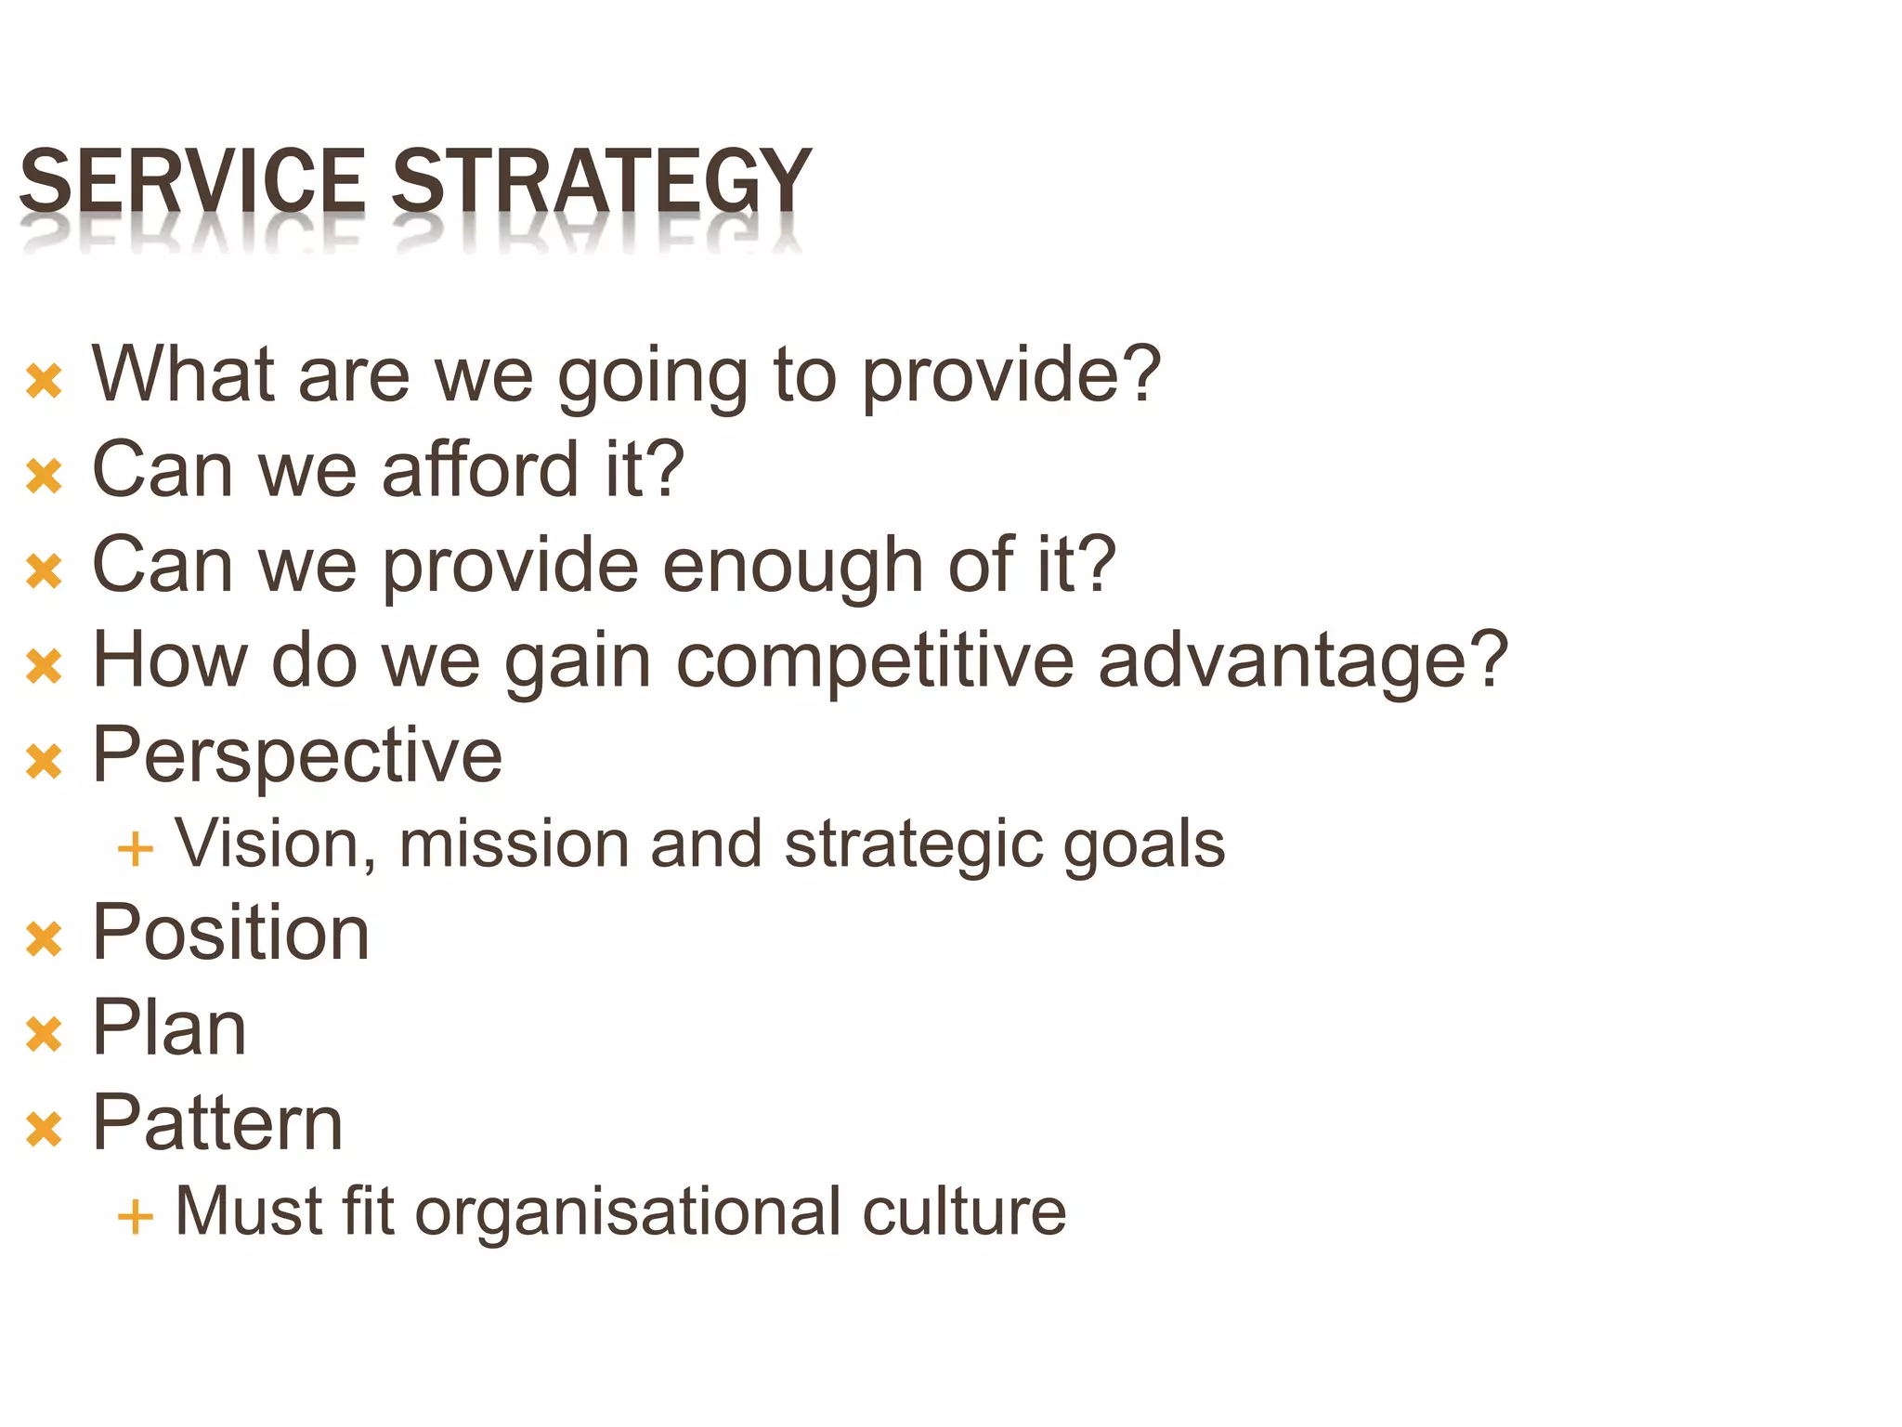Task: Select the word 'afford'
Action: point(481,470)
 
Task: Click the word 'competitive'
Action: point(874,661)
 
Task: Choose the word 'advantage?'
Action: point(1303,661)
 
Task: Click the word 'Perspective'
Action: point(297,755)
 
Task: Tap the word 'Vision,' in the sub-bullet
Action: point(276,844)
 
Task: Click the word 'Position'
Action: point(231,933)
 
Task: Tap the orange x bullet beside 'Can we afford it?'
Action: point(44,476)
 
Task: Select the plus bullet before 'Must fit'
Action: point(135,1216)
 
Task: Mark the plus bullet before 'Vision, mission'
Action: point(135,849)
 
